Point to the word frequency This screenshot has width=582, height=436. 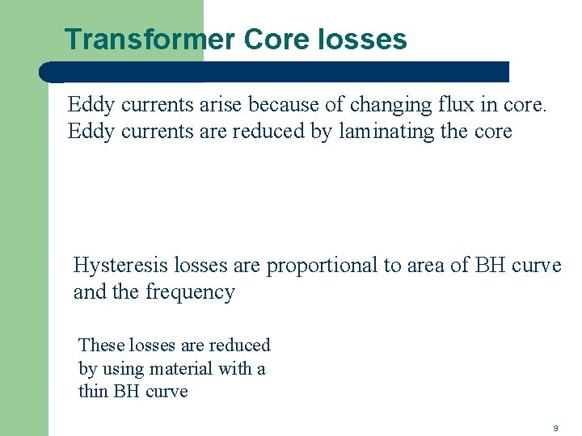(x=190, y=292)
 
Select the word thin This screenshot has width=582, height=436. (x=92, y=392)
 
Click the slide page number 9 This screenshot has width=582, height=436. (x=555, y=427)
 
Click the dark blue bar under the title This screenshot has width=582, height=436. (x=275, y=72)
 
